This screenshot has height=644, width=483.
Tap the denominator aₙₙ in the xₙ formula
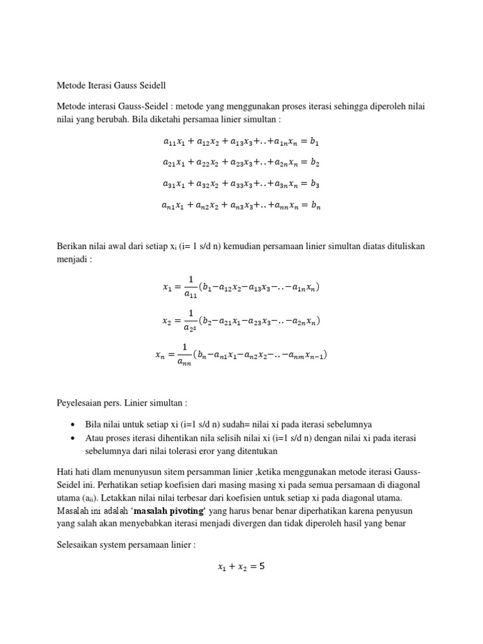tap(184, 362)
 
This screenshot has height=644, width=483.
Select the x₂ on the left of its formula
tap(166, 321)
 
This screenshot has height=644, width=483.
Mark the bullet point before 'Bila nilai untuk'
tap(74, 424)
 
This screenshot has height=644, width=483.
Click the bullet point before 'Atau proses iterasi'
tap(74, 438)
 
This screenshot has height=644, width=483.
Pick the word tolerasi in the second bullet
tap(213, 452)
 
